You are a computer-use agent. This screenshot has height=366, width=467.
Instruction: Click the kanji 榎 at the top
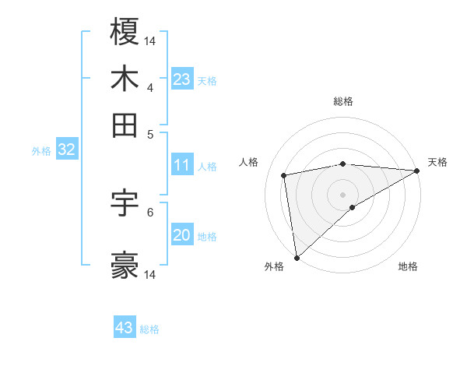coord(125,33)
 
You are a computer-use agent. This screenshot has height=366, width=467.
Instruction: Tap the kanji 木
coord(125,79)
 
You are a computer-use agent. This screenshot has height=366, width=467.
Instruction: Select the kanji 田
coord(125,125)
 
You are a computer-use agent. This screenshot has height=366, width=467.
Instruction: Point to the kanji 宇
coord(125,203)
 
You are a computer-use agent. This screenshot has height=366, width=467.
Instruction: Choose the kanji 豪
coord(125,266)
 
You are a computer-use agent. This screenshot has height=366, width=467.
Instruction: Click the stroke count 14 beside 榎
coord(150,40)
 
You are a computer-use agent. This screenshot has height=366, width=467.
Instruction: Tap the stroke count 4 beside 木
coord(150,86)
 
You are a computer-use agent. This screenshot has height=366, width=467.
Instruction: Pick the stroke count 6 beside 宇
coord(150,211)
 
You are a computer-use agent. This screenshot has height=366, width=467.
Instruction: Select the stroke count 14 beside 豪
coord(150,274)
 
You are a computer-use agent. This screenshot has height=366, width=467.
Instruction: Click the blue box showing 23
coord(182,79)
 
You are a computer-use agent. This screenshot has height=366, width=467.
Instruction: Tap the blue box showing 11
coord(182,165)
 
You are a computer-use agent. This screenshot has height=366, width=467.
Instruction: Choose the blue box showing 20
coord(182,235)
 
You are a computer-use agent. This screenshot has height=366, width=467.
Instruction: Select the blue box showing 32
coord(66,150)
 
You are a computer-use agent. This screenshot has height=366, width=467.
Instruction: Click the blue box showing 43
coord(125,328)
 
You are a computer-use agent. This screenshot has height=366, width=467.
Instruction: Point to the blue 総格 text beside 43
coord(150,329)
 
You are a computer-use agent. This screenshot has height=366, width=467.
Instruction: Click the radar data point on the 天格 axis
coord(417,171)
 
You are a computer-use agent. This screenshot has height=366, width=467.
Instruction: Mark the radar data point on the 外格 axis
coord(297,257)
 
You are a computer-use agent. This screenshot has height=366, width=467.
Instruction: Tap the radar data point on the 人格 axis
coord(285,174)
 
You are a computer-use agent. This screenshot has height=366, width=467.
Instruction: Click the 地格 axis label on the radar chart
coord(408,266)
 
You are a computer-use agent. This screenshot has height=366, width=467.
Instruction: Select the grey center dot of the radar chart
coord(343,194)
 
